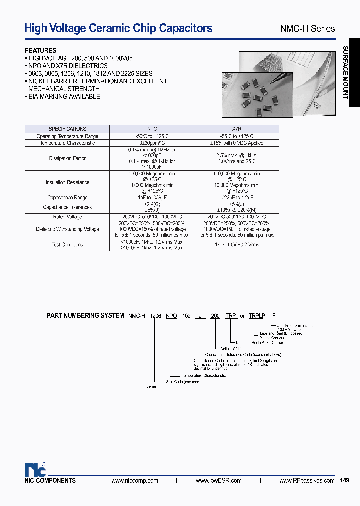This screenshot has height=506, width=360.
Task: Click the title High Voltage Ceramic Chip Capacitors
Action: pyautogui.click(x=118, y=28)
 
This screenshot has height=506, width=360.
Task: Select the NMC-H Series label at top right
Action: pyautogui.click(x=307, y=29)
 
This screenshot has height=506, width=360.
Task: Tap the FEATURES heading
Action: pyautogui.click(x=41, y=50)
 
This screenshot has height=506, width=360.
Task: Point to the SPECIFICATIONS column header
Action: pyautogui.click(x=67, y=129)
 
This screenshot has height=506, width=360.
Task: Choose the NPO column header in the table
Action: pyautogui.click(x=151, y=129)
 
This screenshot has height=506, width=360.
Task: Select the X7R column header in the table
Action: pyautogui.click(x=237, y=129)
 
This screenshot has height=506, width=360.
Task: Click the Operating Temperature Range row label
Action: pyautogui.click(x=67, y=136)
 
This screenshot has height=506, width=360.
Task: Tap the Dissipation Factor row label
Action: pyautogui.click(x=67, y=158)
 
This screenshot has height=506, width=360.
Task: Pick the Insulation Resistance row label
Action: pyautogui.click(x=67, y=182)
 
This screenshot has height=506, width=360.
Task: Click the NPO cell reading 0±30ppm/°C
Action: pyautogui.click(x=151, y=143)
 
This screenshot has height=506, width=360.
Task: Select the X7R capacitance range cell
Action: pyautogui.click(x=237, y=198)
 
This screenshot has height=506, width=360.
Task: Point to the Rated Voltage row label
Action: pyautogui.click(x=67, y=217)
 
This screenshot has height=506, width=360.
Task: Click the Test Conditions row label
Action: pyautogui.click(x=67, y=245)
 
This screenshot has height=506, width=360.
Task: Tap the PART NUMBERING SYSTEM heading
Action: pyautogui.click(x=85, y=316)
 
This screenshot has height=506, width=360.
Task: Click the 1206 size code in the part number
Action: pyautogui.click(x=156, y=316)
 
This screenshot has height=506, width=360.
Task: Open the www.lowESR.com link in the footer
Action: pyautogui.click(x=218, y=480)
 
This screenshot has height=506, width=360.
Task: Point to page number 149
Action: pyautogui.click(x=344, y=480)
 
